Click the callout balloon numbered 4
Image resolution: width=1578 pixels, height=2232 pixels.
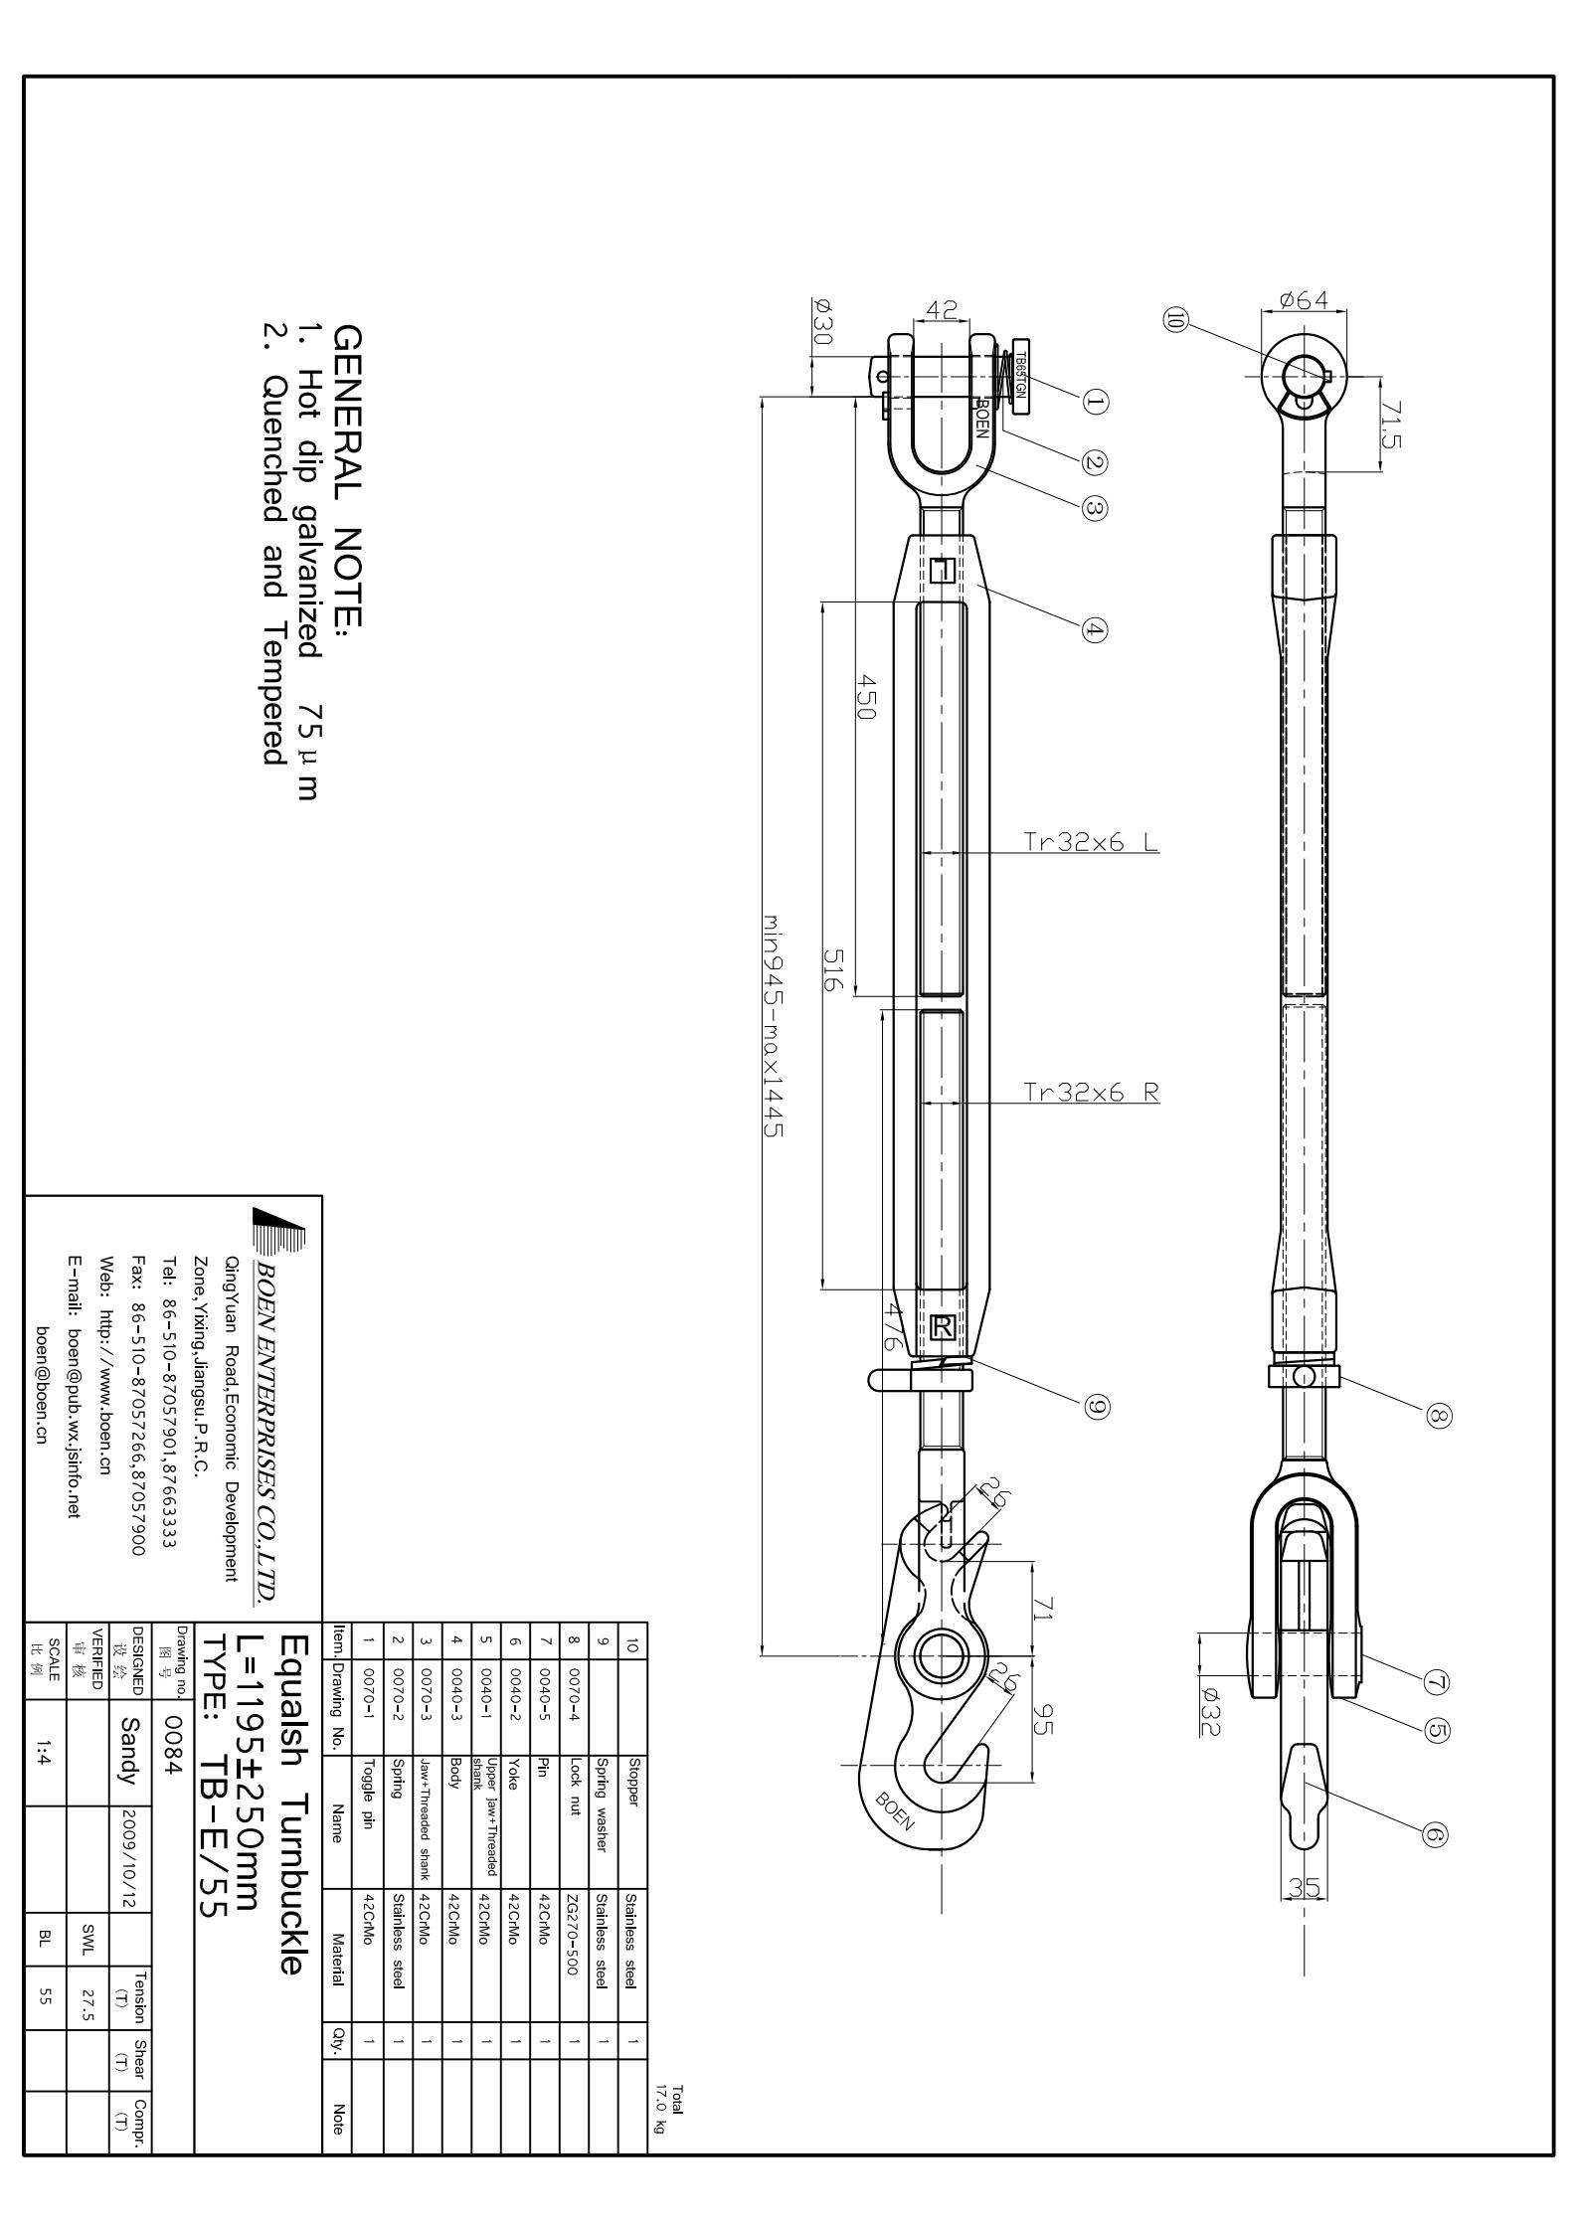(1094, 630)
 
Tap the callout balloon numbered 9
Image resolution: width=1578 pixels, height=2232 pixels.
(1097, 1406)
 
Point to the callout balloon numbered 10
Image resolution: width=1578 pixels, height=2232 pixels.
(1176, 321)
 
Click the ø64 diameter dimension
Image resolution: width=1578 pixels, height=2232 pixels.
(1304, 299)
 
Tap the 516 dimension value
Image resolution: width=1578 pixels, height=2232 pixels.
(832, 968)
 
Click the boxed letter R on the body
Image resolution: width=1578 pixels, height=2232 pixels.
(943, 1326)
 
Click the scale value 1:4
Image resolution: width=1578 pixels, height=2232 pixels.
(44, 1759)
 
